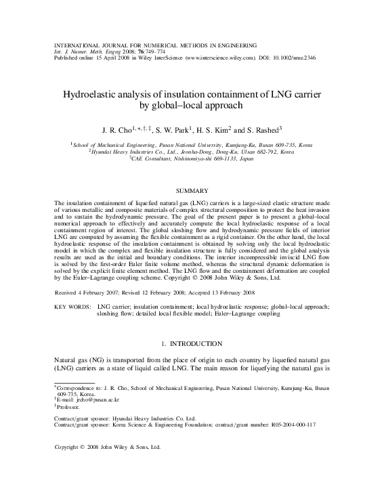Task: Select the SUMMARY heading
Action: (x=192, y=191)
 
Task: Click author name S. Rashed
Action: (x=265, y=129)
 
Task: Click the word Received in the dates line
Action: (x=68, y=292)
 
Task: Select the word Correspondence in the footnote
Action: (x=78, y=387)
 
